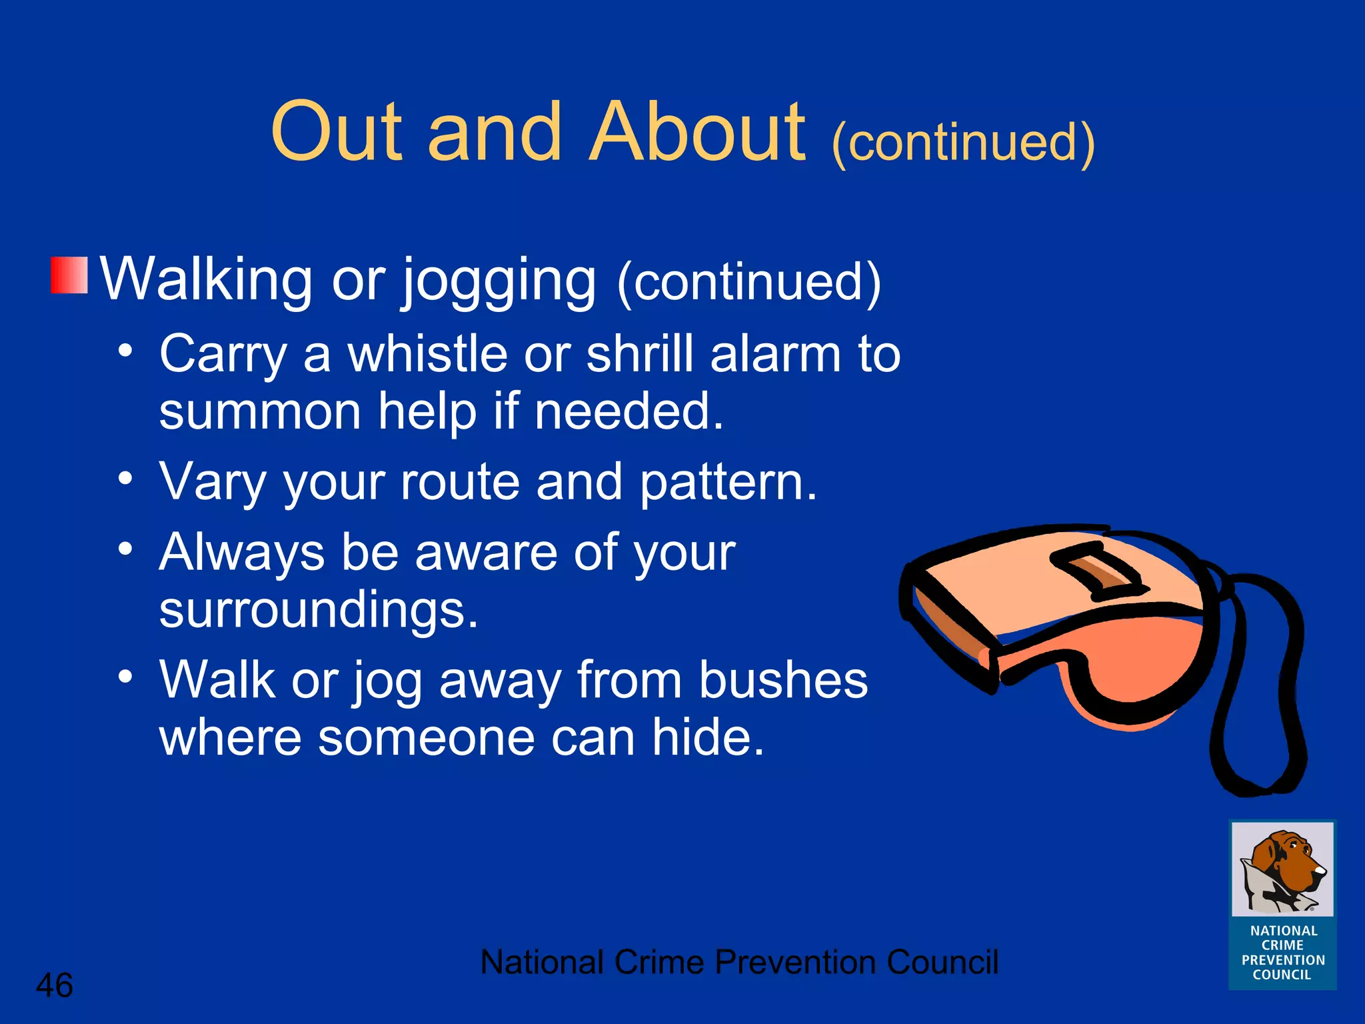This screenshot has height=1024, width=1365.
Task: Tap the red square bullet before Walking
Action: (x=69, y=275)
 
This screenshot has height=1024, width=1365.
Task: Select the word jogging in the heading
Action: (x=499, y=281)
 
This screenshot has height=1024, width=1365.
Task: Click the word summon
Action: (x=260, y=411)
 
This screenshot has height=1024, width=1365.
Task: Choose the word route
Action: (x=459, y=481)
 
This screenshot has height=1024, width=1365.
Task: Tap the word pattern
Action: (x=727, y=483)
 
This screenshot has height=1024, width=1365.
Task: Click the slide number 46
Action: (x=54, y=985)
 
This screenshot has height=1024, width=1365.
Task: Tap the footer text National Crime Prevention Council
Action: (x=738, y=962)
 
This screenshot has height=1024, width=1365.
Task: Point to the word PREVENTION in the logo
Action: (x=1283, y=960)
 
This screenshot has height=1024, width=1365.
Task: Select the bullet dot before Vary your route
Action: (x=125, y=477)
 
